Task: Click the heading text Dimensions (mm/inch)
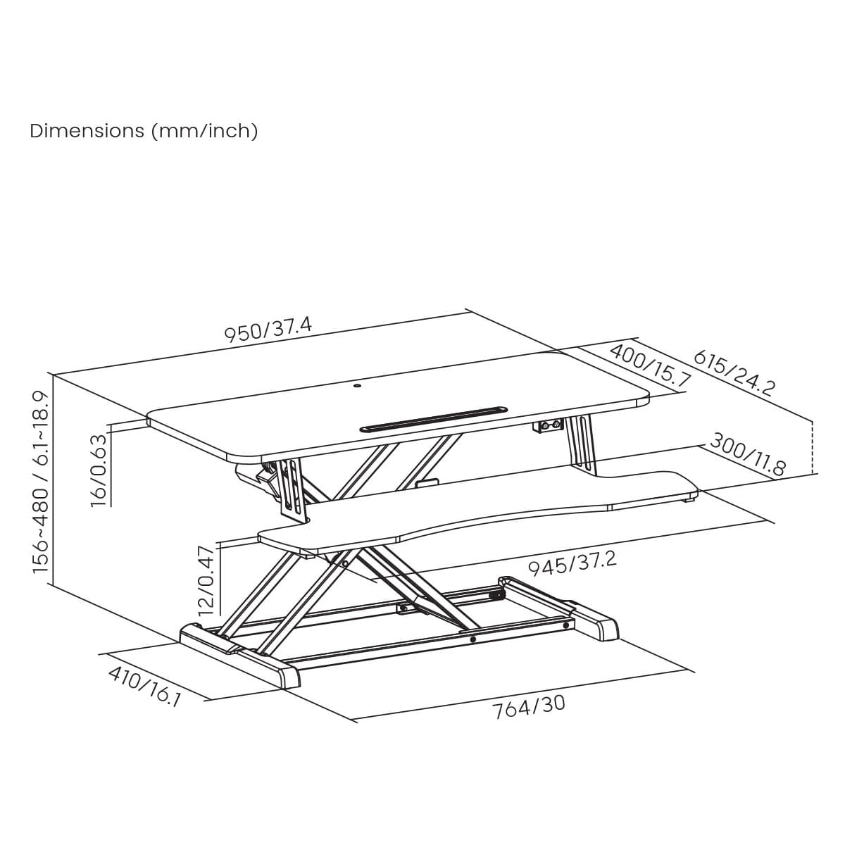144,131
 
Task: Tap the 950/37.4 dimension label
268,330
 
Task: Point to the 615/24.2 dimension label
734,373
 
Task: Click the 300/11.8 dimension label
747,454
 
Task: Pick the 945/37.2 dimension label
572,563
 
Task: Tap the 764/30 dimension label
528,707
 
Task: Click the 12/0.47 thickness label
206,580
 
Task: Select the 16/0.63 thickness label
99,470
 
